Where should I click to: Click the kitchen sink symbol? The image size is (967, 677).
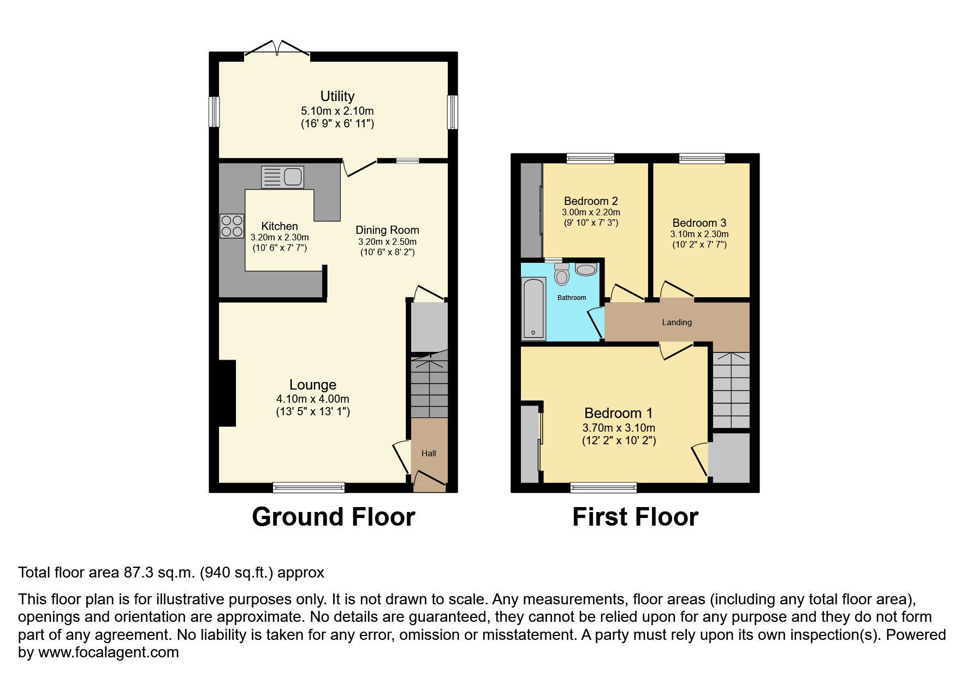pyautogui.click(x=282, y=177)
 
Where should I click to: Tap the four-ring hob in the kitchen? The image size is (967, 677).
pyautogui.click(x=232, y=226)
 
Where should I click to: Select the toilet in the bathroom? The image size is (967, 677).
pyautogui.click(x=561, y=275)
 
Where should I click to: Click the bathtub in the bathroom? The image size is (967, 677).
pyautogui.click(x=533, y=309)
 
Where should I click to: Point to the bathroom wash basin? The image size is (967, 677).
pyautogui.click(x=586, y=269)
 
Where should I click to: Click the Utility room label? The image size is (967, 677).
pyautogui.click(x=337, y=96)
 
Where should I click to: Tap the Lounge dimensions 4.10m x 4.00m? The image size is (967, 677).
pyautogui.click(x=312, y=399)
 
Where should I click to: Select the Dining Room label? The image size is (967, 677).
pyautogui.click(x=387, y=230)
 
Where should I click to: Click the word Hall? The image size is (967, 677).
pyautogui.click(x=429, y=453)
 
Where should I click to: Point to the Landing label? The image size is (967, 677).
pyautogui.click(x=677, y=322)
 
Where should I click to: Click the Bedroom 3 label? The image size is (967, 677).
pyautogui.click(x=699, y=222)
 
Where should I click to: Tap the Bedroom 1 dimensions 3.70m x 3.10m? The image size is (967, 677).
pyautogui.click(x=619, y=428)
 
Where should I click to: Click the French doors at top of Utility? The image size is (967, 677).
pyautogui.click(x=277, y=49)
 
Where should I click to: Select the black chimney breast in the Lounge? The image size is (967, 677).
pyautogui.click(x=227, y=393)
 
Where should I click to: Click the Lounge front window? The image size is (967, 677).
pyautogui.click(x=309, y=487)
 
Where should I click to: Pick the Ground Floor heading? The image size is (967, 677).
pyautogui.click(x=333, y=516)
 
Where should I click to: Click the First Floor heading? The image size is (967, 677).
pyautogui.click(x=635, y=516)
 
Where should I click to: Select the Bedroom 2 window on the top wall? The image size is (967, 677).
pyautogui.click(x=590, y=158)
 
